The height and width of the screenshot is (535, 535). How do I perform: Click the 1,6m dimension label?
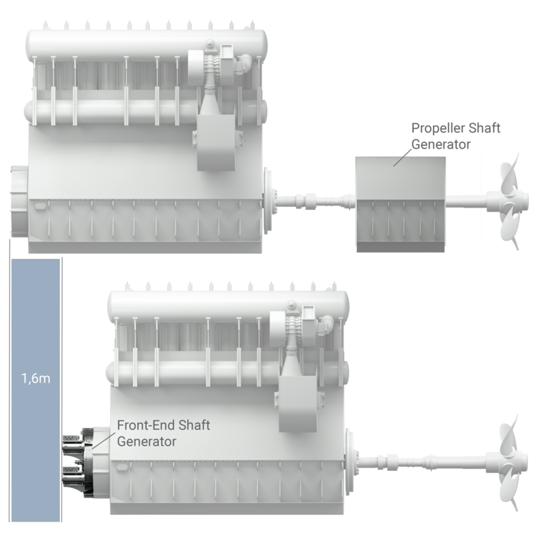[35, 378]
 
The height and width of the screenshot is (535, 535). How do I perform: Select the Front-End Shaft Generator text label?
[163, 433]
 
